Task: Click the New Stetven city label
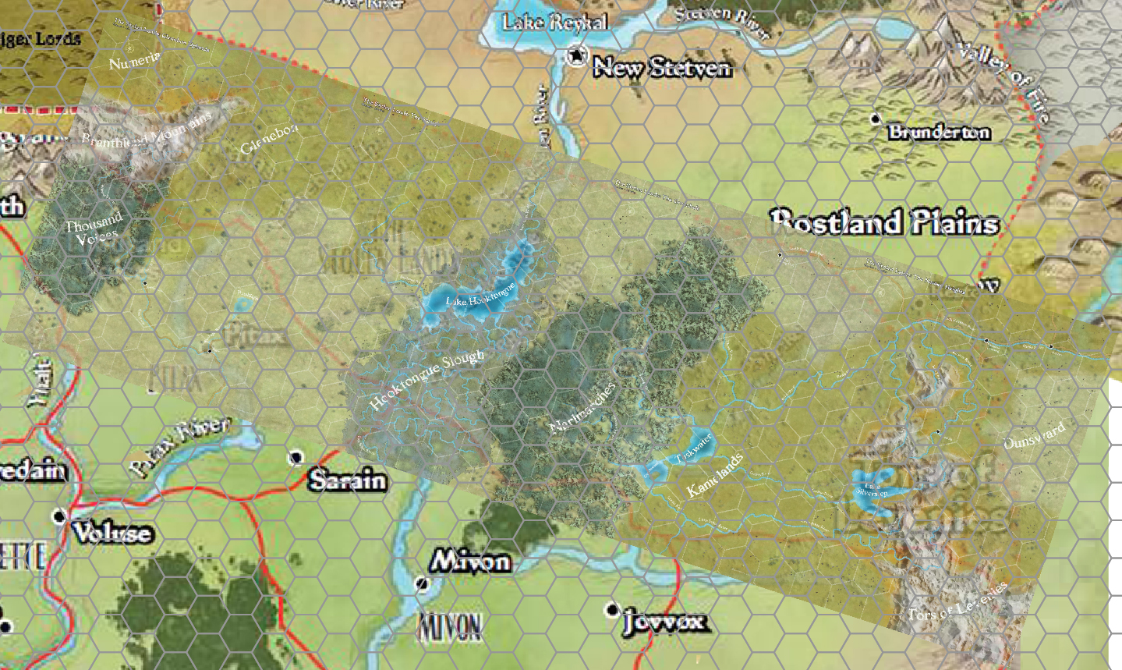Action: [662, 68]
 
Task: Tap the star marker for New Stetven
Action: [576, 55]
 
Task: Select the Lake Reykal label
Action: [554, 22]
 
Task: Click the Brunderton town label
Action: [940, 132]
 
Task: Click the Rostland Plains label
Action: [884, 223]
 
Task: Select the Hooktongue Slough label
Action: [427, 380]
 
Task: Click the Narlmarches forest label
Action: [582, 408]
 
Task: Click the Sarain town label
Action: [347, 480]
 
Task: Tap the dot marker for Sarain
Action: [296, 458]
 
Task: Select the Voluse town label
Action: [112, 533]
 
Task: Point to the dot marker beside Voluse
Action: [59, 516]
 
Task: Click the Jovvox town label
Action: [665, 622]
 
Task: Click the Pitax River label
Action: [180, 445]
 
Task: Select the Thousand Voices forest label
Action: [94, 229]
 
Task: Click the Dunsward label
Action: [1034, 437]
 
